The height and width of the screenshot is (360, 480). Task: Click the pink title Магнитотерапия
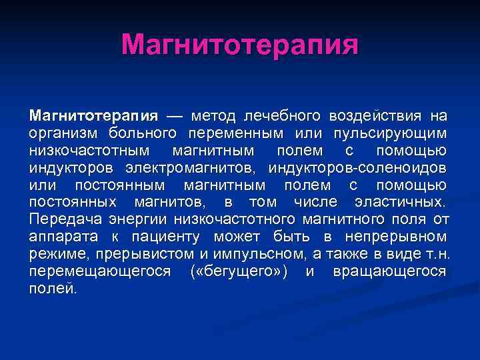240,45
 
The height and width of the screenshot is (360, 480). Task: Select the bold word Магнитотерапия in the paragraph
93,117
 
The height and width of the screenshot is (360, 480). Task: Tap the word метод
213,117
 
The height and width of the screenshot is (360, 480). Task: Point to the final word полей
53,288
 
